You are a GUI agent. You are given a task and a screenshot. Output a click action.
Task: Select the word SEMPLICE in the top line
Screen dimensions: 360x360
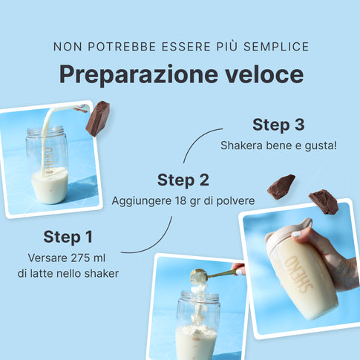pyautogui.click(x=276, y=47)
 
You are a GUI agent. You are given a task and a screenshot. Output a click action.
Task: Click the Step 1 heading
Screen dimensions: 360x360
pyautogui.click(x=68, y=238)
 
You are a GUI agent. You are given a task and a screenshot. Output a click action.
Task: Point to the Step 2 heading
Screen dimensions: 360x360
pyautogui.click(x=183, y=180)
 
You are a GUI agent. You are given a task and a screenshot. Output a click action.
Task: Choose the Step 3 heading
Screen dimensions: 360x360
pyautogui.click(x=278, y=125)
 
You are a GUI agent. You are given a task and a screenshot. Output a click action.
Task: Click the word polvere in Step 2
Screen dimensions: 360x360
pyautogui.click(x=235, y=200)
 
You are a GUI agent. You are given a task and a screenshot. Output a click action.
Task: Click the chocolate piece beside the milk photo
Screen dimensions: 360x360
pyautogui.click(x=98, y=119)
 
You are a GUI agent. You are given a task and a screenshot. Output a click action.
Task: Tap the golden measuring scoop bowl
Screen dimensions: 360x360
pyautogui.click(x=199, y=276)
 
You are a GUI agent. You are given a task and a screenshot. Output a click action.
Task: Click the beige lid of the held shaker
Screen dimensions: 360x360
pyautogui.click(x=288, y=232)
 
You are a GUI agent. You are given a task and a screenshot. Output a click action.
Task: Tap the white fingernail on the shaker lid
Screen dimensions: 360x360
pyautogui.click(x=296, y=234)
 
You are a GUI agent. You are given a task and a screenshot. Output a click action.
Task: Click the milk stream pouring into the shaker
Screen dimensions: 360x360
pyautogui.click(x=47, y=139)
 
